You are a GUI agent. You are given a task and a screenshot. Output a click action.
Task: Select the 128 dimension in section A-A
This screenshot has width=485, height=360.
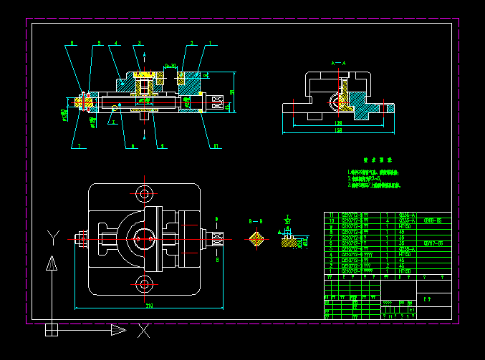pos(337,123)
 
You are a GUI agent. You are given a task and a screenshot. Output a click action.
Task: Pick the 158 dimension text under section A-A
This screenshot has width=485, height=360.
pos(337,131)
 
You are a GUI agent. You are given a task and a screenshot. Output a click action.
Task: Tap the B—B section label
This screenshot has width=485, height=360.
pos(256,223)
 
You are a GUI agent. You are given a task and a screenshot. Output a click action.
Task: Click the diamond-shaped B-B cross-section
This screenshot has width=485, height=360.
pos(256,239)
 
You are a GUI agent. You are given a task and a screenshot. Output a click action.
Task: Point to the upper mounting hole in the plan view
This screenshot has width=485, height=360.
pos(145,193)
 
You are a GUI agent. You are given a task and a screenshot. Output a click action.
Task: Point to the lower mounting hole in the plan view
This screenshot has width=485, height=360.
pos(145,285)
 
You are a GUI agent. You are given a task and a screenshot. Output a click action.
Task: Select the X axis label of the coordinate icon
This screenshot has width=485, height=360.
pos(143,331)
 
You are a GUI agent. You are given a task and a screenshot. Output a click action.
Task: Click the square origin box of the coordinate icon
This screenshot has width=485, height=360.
pos(52,330)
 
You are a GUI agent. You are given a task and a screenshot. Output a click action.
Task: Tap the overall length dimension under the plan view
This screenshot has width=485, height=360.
pos(149,306)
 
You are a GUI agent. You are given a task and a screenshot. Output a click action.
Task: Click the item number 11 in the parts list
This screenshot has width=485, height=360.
pos(331,215)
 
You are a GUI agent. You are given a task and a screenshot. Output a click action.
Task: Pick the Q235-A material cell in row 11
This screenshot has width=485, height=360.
pos(405,215)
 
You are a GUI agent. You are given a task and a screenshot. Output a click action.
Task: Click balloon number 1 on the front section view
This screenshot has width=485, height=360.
pos(210,44)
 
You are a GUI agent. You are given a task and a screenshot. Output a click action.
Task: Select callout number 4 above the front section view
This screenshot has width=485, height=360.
pos(115,44)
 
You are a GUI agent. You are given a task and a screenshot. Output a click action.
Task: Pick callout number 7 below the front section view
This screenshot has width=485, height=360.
pos(78,146)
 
